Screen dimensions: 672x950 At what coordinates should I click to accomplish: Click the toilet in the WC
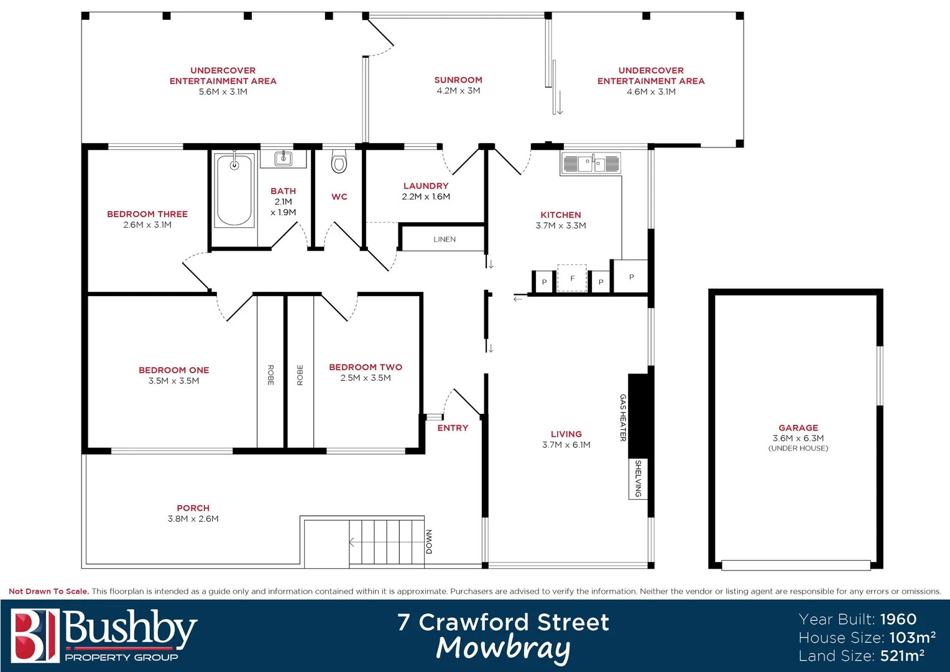pyautogui.click(x=339, y=162)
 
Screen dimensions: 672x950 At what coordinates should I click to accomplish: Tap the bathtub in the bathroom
pyautogui.click(x=234, y=190)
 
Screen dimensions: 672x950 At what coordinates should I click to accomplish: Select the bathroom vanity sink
pyautogui.click(x=284, y=159)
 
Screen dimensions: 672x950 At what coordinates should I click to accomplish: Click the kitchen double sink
pyautogui.click(x=591, y=164)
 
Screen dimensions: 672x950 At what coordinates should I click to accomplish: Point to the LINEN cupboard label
pyautogui.click(x=445, y=240)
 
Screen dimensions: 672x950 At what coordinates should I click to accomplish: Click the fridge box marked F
pyautogui.click(x=572, y=278)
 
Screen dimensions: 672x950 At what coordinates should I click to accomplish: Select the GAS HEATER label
pyautogui.click(x=623, y=418)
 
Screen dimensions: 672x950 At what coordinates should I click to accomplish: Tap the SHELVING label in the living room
pyautogui.click(x=638, y=478)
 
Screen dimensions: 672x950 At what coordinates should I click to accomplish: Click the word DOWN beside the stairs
pyautogui.click(x=429, y=542)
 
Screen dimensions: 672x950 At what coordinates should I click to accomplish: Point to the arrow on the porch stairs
pyautogui.click(x=353, y=543)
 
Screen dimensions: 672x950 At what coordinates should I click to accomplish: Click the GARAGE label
pyautogui.click(x=798, y=428)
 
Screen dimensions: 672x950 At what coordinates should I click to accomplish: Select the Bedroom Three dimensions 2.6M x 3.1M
pyautogui.click(x=147, y=225)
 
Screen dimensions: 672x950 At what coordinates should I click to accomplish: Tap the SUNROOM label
pyautogui.click(x=458, y=80)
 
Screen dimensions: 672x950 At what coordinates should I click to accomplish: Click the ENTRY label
pyautogui.click(x=453, y=428)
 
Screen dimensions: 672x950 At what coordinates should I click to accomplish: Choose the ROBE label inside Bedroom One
pyautogui.click(x=270, y=375)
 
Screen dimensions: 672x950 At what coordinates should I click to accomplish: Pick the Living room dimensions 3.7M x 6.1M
pyautogui.click(x=566, y=445)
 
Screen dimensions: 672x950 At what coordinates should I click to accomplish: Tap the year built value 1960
pyautogui.click(x=898, y=619)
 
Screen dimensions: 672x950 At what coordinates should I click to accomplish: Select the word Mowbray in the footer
pyautogui.click(x=503, y=648)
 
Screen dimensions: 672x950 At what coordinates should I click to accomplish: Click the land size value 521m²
pyautogui.click(x=902, y=656)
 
